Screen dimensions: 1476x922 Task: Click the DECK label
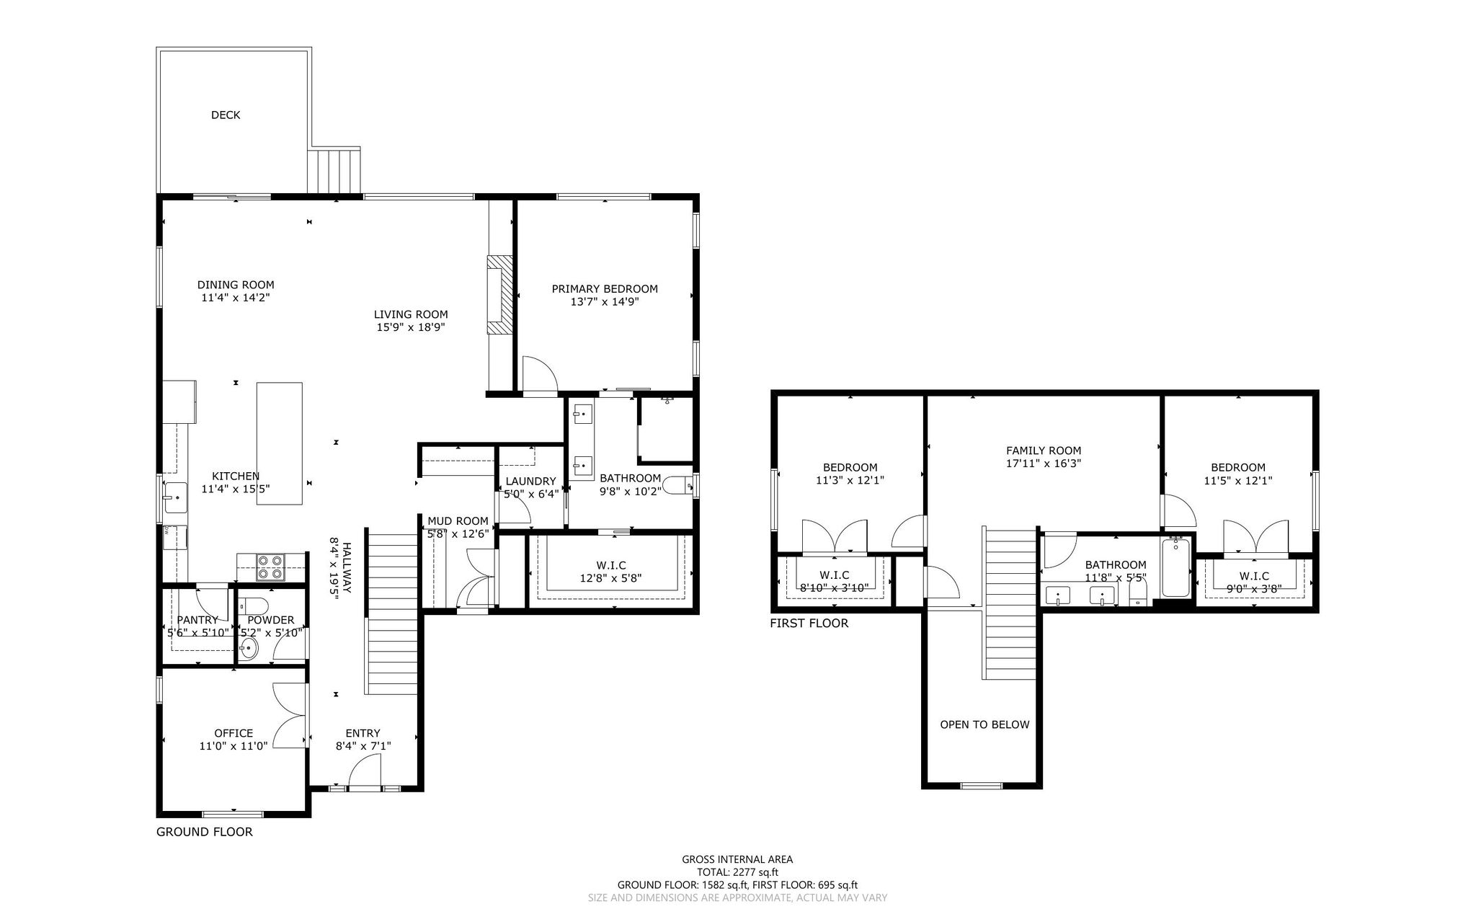(226, 115)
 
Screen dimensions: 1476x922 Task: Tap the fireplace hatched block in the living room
(499, 295)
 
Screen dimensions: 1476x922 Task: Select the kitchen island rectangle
(280, 443)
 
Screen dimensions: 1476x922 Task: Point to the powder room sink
(249, 648)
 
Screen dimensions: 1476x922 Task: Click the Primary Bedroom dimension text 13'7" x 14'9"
(605, 302)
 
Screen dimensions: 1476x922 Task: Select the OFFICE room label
(234, 733)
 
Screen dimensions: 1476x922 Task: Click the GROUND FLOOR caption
(205, 832)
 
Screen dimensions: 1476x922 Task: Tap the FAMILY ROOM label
(1044, 451)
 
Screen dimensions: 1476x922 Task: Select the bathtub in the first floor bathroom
(1175, 567)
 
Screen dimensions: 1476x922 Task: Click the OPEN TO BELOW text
(984, 724)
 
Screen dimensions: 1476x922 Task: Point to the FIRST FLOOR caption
(809, 624)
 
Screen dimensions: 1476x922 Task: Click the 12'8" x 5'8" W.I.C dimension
(610, 578)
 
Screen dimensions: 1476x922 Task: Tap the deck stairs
(334, 172)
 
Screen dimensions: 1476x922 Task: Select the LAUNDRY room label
(531, 482)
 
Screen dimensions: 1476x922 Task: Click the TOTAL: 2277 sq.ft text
(737, 872)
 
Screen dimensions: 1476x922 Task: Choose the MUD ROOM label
(458, 521)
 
